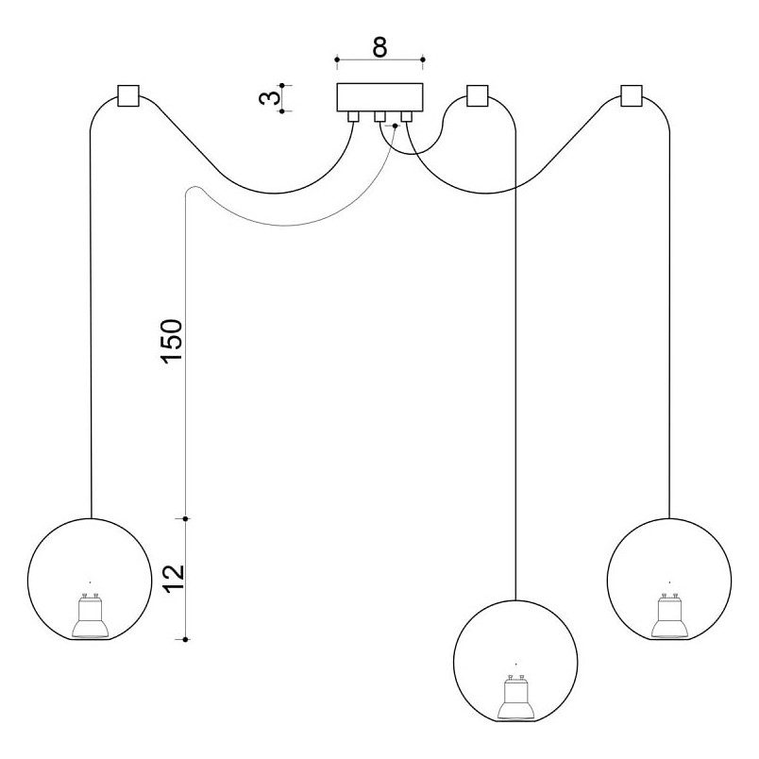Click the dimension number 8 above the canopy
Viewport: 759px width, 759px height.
pos(380,47)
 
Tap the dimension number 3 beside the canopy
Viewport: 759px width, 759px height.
pos(270,98)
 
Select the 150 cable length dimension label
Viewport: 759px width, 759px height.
pos(172,341)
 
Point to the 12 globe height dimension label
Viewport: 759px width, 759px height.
pos(174,579)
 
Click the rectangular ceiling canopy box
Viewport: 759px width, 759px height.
pos(380,97)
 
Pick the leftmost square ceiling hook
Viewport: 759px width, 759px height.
pos(128,96)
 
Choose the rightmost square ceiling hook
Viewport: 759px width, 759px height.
pos(632,96)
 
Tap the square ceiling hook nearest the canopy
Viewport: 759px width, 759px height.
pos(478,96)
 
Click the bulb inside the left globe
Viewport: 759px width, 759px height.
pos(90,615)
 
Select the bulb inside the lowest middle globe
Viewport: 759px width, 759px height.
pos(516,697)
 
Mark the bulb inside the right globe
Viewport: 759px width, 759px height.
pos(669,615)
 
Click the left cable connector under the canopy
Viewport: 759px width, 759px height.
pos(353,117)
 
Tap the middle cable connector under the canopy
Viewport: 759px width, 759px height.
pos(380,117)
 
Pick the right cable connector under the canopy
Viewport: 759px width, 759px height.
pos(407,117)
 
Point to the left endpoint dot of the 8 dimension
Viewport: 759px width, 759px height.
pos(337,59)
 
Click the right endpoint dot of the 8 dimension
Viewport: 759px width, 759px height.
pos(423,59)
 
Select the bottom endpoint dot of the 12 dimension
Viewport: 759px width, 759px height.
pos(185,639)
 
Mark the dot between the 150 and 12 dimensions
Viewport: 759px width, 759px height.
pos(185,518)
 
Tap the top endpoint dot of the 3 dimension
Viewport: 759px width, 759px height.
pos(282,85)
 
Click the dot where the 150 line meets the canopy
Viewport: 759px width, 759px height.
pos(395,126)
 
